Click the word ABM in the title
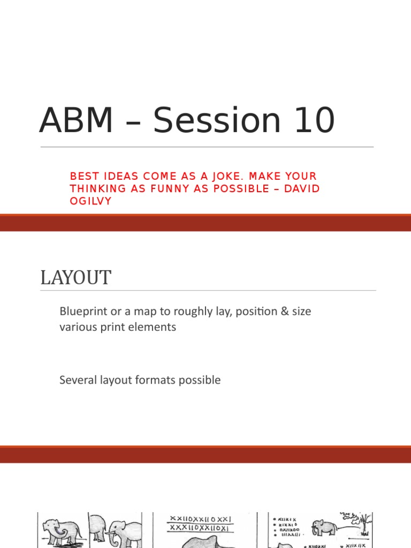click(x=76, y=120)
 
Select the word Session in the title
click(x=217, y=120)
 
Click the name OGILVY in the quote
click(x=91, y=201)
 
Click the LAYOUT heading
click(x=76, y=278)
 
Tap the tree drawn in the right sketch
click(x=366, y=524)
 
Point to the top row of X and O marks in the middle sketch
click(x=200, y=519)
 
